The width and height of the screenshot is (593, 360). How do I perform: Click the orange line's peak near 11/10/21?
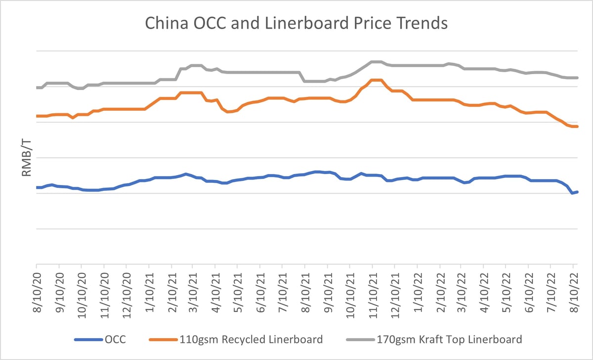pos(376,80)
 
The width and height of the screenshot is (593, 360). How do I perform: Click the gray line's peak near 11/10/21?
pos(376,62)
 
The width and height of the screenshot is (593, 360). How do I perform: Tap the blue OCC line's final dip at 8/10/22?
pos(572,193)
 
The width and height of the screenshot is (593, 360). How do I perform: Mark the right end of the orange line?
pos(577,127)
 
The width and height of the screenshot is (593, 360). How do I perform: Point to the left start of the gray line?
pos(37,88)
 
